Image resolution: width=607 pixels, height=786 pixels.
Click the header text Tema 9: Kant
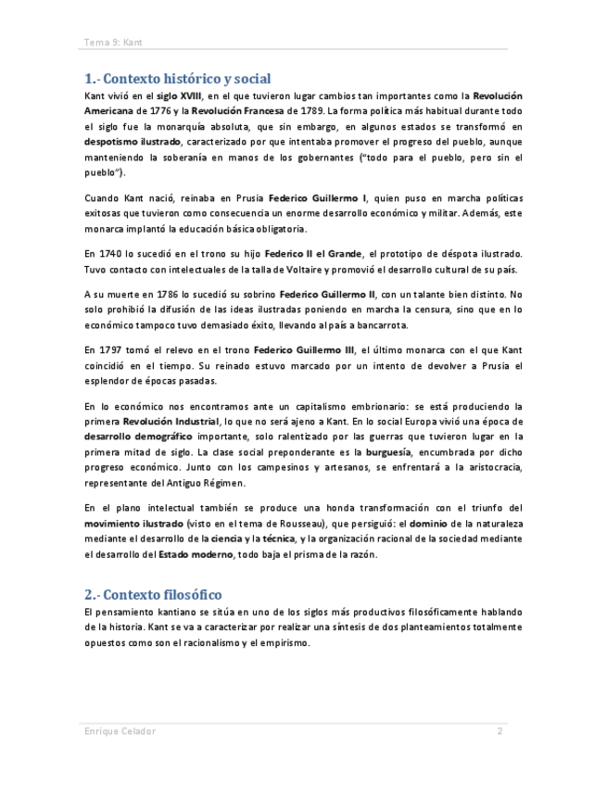pyautogui.click(x=112, y=43)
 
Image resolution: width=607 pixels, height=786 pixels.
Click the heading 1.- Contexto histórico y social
pyautogui.click(x=177, y=78)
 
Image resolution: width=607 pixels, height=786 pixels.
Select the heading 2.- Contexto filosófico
pyautogui.click(x=153, y=594)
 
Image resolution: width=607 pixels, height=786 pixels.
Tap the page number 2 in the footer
pyautogui.click(x=500, y=731)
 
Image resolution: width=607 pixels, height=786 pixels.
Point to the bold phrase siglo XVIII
pyautogui.click(x=179, y=95)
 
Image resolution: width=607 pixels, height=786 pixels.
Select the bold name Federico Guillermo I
pyautogui.click(x=318, y=198)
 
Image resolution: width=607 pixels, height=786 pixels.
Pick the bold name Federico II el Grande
pyautogui.click(x=313, y=254)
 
